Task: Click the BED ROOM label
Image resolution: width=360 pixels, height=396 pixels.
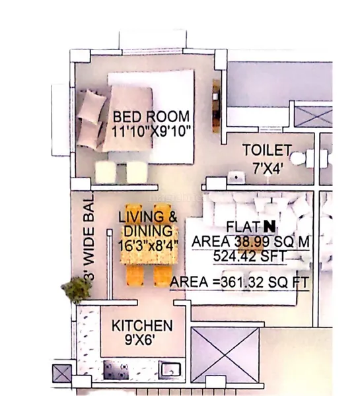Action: coord(151,116)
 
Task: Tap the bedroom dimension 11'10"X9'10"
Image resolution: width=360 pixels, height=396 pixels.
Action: coord(151,131)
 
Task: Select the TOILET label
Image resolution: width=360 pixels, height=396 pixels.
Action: coord(268,150)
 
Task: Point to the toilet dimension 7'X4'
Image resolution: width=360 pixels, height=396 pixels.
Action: coord(268,168)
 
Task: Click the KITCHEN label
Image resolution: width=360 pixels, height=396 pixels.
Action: coord(142,326)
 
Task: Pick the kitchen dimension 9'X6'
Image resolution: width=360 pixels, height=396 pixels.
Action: coord(139,340)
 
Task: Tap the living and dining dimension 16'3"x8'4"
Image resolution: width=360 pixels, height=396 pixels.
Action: coord(148,246)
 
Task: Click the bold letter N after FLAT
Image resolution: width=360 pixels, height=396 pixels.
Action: coord(270,226)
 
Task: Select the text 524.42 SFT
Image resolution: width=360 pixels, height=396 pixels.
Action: coord(250,257)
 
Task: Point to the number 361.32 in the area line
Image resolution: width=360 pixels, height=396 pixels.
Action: coord(242,282)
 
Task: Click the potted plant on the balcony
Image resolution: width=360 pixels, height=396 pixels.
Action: coord(76,290)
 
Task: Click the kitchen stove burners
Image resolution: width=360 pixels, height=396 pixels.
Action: coord(116,370)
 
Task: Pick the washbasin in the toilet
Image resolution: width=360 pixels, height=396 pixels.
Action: coord(236,178)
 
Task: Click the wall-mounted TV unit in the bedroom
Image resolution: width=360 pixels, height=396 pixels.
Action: coord(216,106)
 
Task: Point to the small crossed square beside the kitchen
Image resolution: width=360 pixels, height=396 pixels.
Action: coord(62,374)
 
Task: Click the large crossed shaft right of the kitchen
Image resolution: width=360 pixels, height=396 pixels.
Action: coord(225,355)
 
